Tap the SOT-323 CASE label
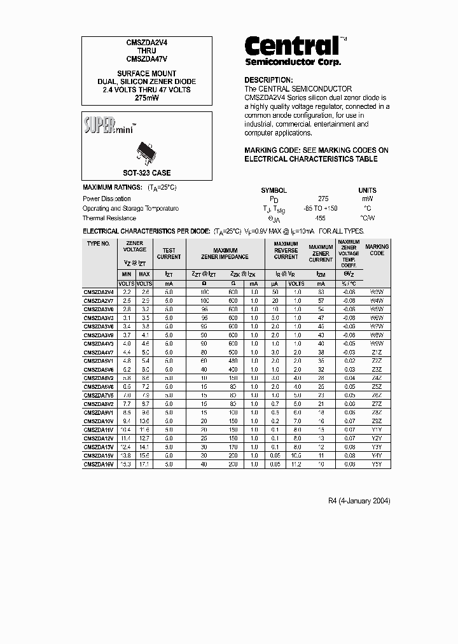tap(146, 173)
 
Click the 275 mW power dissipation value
tap(323, 199)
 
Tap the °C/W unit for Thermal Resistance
tap(367, 218)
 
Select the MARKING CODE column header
tap(377, 250)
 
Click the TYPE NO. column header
tap(99, 244)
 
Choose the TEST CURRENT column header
tap(169, 254)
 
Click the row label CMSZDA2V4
tap(99, 291)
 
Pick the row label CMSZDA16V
tap(99, 465)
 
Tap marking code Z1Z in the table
tap(377, 352)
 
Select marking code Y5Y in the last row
tap(377, 465)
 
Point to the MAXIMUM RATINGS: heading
tap(113, 188)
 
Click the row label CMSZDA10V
tap(99, 421)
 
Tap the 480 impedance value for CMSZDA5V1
tap(234, 360)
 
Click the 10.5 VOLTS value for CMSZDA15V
tap(296, 456)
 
